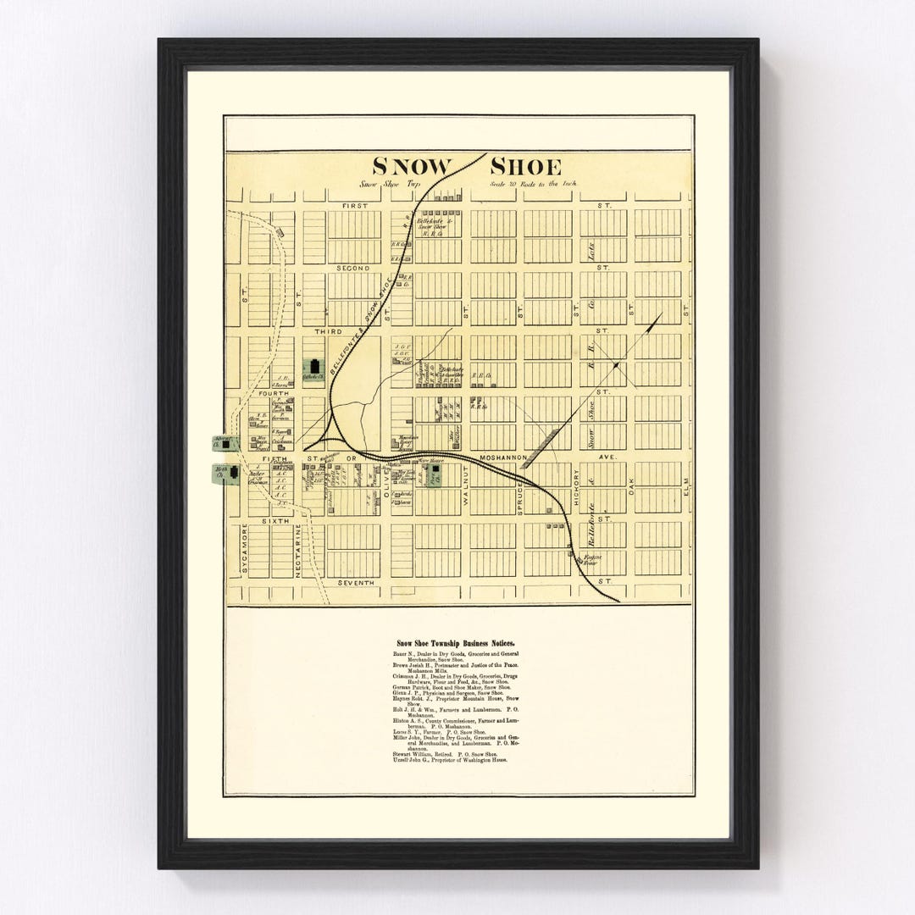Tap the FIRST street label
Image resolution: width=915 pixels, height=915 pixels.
click(x=355, y=206)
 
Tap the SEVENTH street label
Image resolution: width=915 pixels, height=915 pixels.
click(x=355, y=583)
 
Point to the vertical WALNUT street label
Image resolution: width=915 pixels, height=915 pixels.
click(x=466, y=490)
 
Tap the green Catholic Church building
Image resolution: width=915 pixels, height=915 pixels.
click(x=314, y=369)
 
